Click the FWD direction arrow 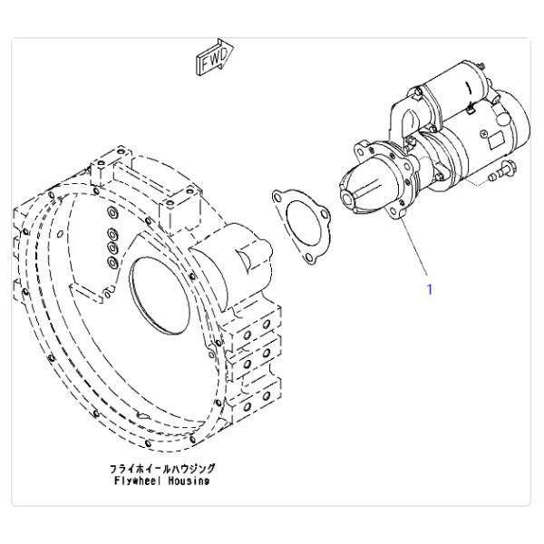(x=215, y=56)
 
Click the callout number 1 (x=430, y=289)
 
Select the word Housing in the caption (x=189, y=481)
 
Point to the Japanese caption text (x=162, y=469)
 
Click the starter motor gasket (x=301, y=226)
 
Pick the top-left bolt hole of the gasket (x=277, y=198)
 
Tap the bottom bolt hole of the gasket (x=307, y=257)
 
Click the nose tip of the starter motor (x=348, y=199)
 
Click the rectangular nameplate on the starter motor (x=494, y=141)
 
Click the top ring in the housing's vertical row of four (x=112, y=212)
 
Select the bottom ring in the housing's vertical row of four (x=112, y=262)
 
